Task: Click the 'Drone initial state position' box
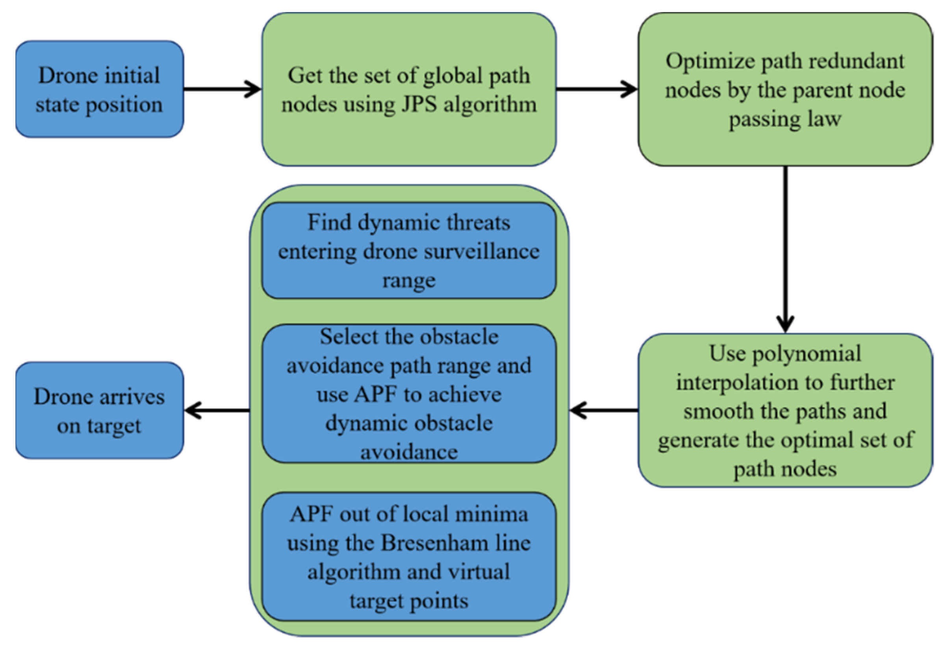click(100, 89)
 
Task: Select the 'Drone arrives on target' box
click(100, 411)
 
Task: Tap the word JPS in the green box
click(419, 105)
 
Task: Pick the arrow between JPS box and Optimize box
click(596, 89)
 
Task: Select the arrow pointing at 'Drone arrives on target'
click(217, 410)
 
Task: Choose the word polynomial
click(806, 353)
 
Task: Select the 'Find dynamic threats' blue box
click(409, 250)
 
